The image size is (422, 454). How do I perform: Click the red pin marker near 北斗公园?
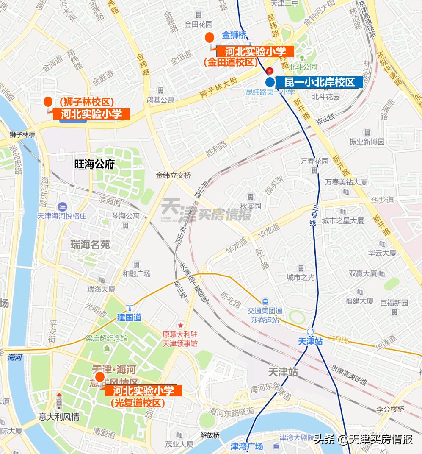269,71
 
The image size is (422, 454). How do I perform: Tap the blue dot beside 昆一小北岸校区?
270,82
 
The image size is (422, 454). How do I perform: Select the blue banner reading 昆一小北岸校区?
320,82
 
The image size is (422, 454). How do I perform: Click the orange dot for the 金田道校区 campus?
209,37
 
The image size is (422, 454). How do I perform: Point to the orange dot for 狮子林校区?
48,102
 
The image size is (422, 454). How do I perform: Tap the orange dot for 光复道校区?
100,377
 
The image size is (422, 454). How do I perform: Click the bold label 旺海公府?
94,164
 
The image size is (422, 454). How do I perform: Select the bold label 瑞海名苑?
90,245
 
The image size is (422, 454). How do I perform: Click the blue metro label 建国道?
129,317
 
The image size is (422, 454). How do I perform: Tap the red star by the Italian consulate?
181,326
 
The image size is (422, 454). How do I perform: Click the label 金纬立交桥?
174,175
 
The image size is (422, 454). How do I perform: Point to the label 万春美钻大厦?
346,182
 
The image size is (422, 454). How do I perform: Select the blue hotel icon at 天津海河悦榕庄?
62,206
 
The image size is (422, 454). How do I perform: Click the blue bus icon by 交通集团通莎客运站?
265,302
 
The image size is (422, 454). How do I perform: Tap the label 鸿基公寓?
160,100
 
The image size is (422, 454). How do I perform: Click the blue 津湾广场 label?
246,446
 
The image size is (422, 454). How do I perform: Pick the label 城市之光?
301,278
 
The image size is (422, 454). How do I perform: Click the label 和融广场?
136,274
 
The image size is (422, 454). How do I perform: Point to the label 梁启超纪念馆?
107,338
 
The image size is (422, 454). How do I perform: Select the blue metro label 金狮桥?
234,36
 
